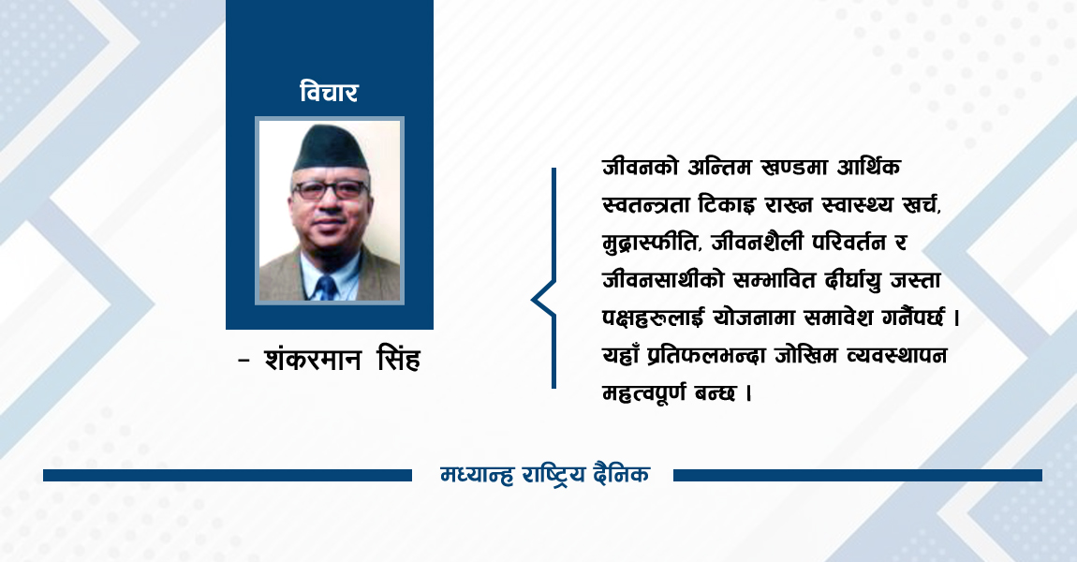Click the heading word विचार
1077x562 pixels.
(x=329, y=93)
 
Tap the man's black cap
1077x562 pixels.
(x=330, y=149)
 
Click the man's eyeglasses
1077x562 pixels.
(x=331, y=189)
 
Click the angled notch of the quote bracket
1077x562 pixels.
(x=536, y=300)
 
